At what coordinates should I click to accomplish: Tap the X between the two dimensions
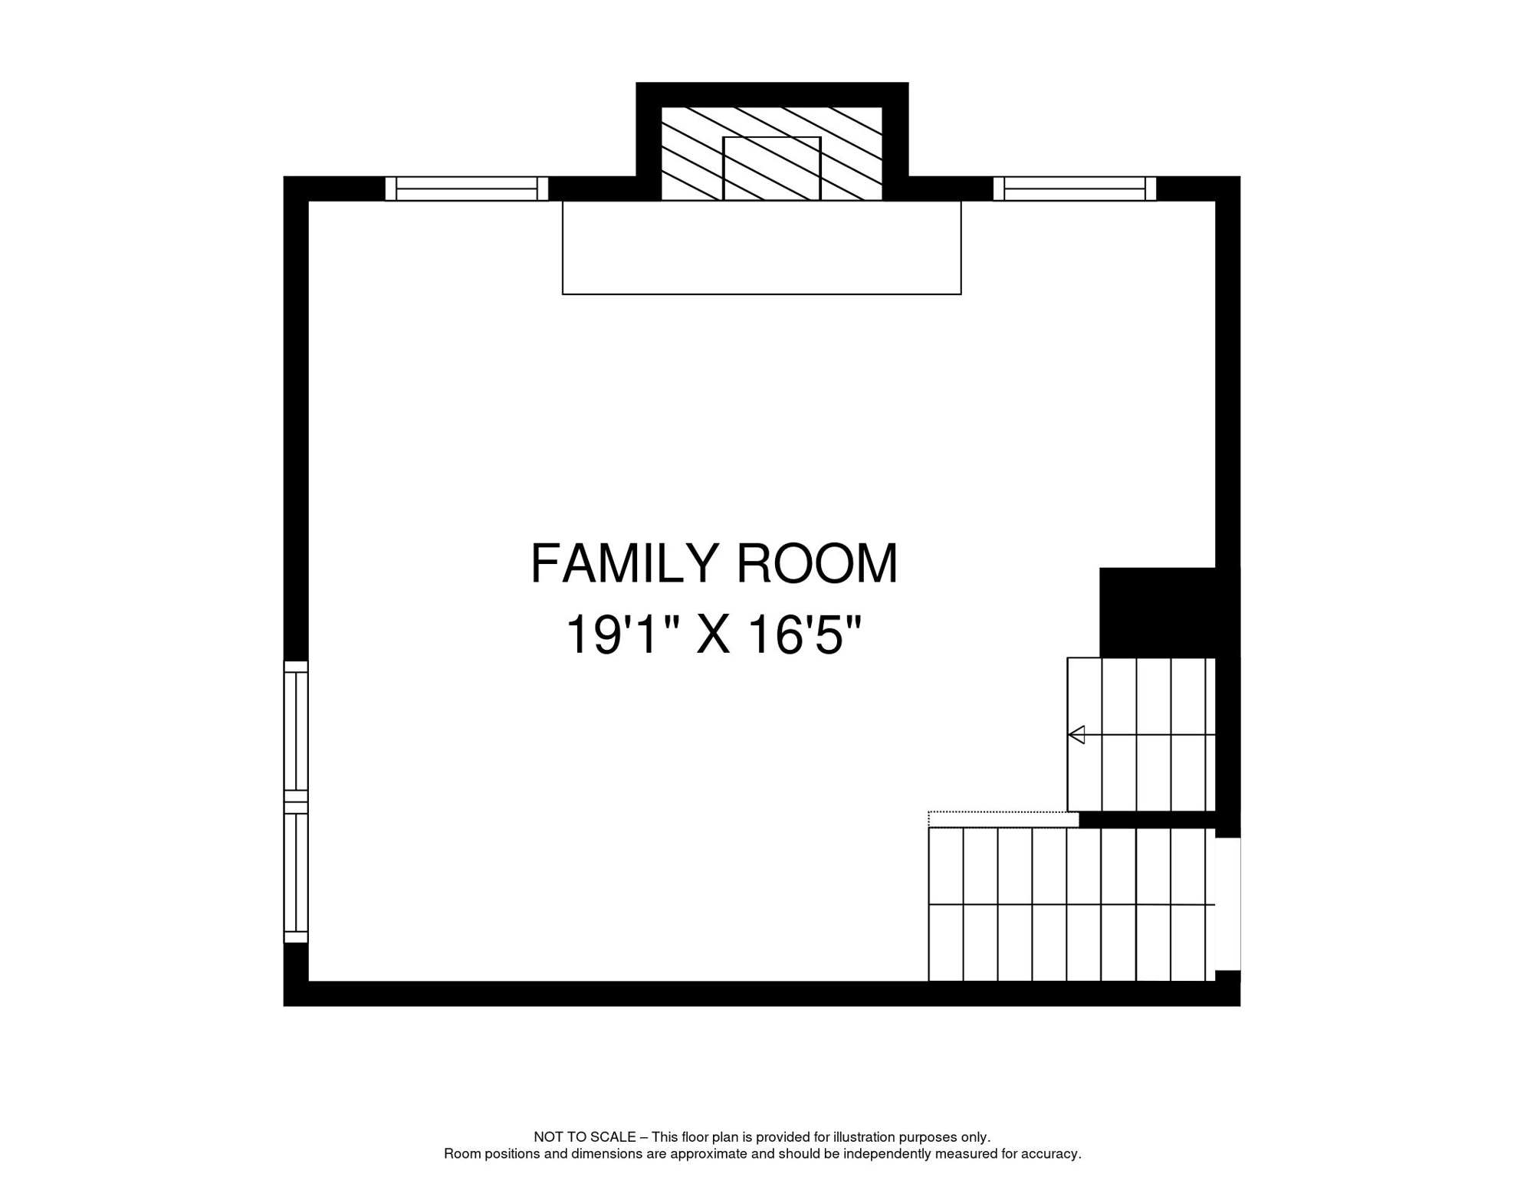tap(713, 636)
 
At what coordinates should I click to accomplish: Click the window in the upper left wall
tap(466, 189)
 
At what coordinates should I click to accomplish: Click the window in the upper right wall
tap(1074, 189)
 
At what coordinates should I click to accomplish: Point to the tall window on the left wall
tap(296, 802)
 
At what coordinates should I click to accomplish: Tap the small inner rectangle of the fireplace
tap(771, 169)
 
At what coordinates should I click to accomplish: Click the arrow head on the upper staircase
tap(1076, 735)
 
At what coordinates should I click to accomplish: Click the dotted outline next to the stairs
tap(1003, 819)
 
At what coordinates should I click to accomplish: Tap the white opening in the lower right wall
tap(1227, 904)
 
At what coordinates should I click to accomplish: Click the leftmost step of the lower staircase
tap(945, 904)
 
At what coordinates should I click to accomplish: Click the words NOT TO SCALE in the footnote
tap(584, 1137)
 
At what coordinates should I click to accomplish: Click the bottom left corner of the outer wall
tap(296, 993)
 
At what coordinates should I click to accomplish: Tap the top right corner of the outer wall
tap(1227, 189)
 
